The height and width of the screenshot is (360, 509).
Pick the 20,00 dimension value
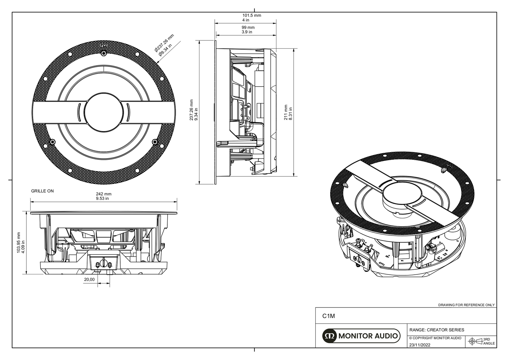[x=89, y=279]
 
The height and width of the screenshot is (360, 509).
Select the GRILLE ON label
[x=42, y=191]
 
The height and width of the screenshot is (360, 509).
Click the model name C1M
[x=329, y=316]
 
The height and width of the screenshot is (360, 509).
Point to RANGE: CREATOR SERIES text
[x=436, y=330]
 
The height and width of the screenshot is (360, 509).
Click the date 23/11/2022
[x=420, y=345]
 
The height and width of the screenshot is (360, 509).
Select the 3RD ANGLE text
[x=489, y=341]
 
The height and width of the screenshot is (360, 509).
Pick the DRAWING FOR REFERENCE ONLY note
[x=466, y=305]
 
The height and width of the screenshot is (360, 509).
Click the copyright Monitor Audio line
[x=435, y=338]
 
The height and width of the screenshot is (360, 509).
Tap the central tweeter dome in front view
[x=104, y=112]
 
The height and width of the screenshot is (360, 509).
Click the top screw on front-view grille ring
[x=104, y=54]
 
